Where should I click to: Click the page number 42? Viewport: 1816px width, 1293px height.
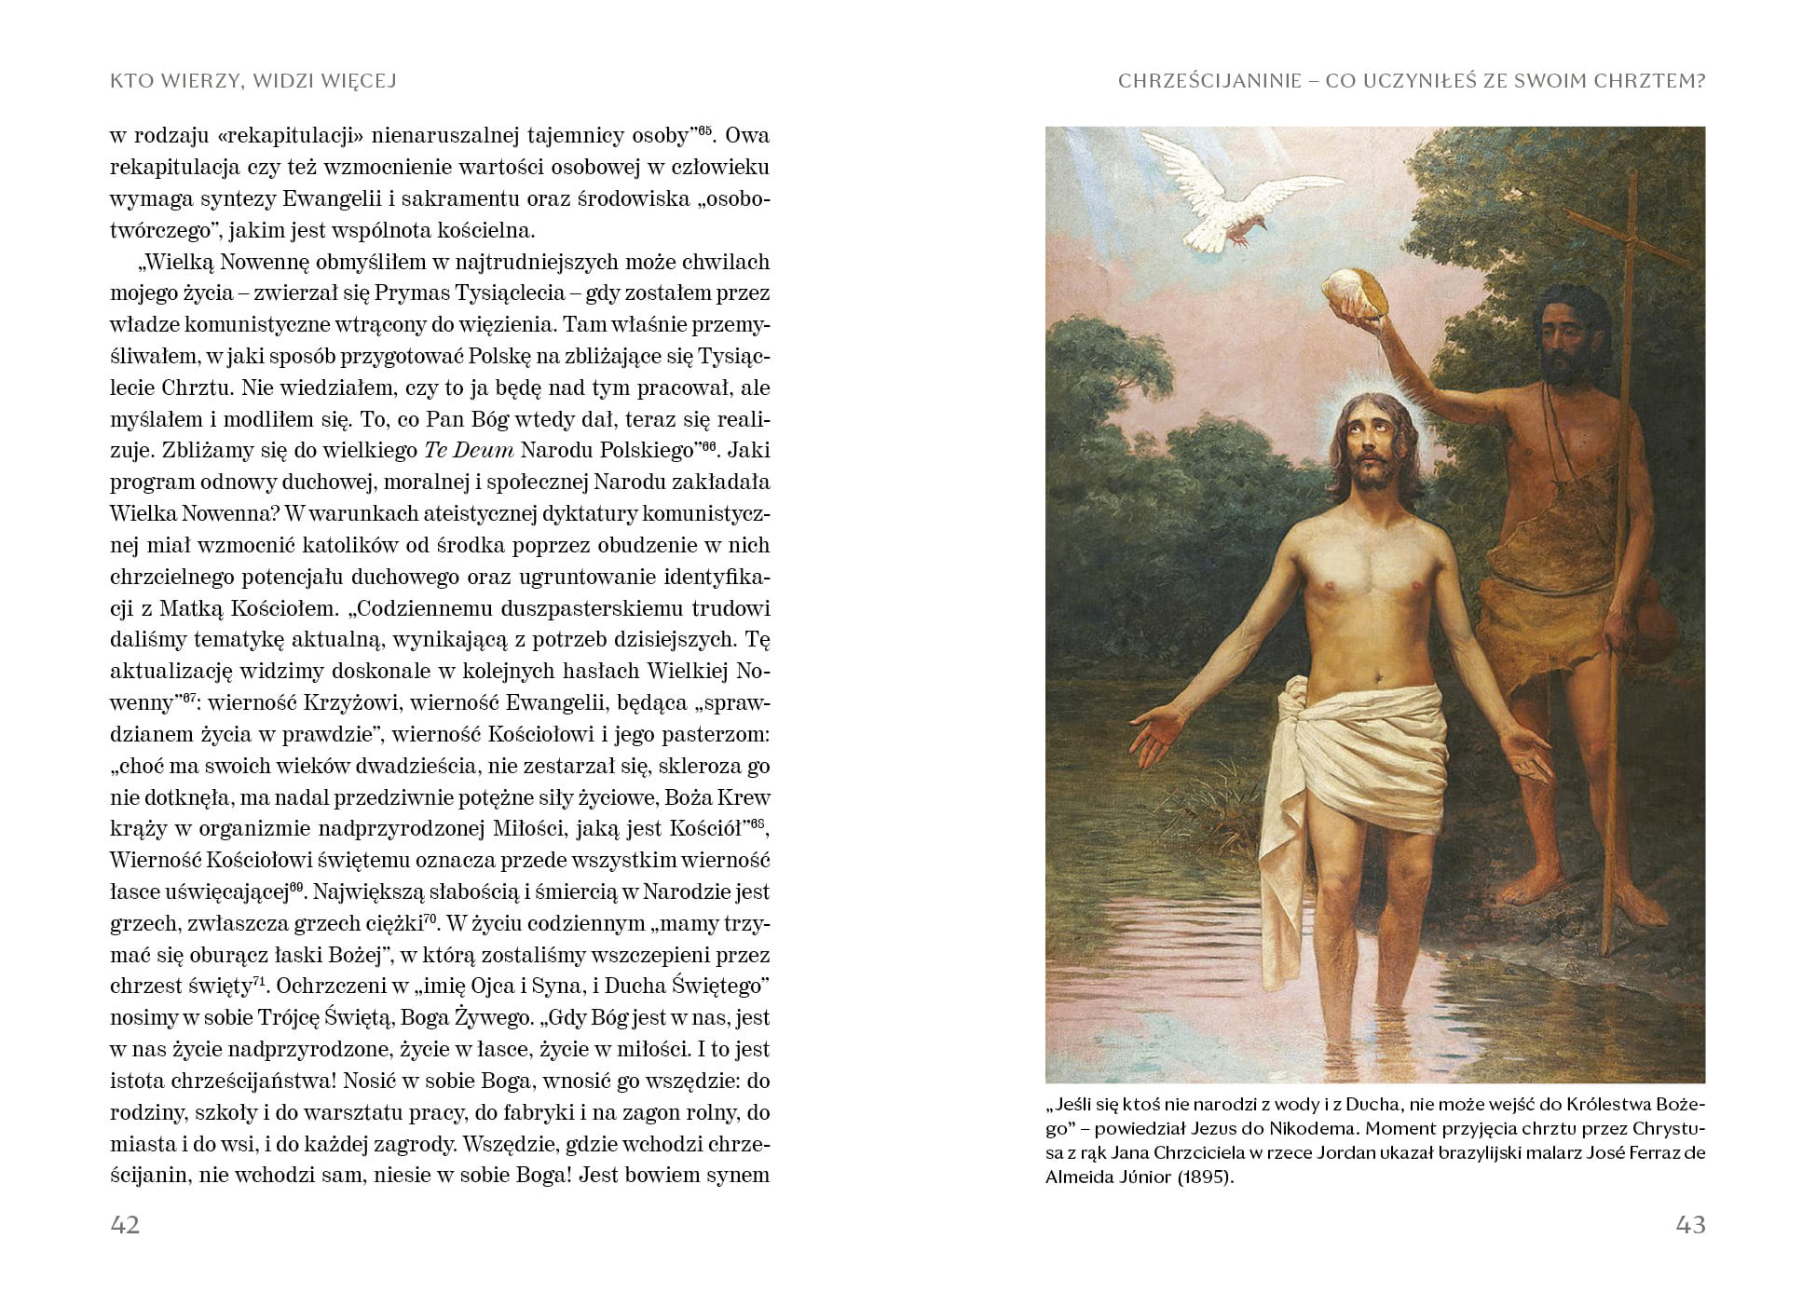(x=125, y=1224)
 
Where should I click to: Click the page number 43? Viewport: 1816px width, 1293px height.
(x=1690, y=1224)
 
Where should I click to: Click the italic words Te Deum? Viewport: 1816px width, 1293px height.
(x=469, y=451)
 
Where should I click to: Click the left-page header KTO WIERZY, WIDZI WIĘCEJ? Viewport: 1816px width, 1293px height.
(x=253, y=81)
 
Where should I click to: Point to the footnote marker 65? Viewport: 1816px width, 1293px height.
(x=704, y=130)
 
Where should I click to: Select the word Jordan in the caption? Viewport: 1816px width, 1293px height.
(x=1349, y=1153)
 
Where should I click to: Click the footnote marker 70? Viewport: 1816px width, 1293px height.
(x=430, y=919)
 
